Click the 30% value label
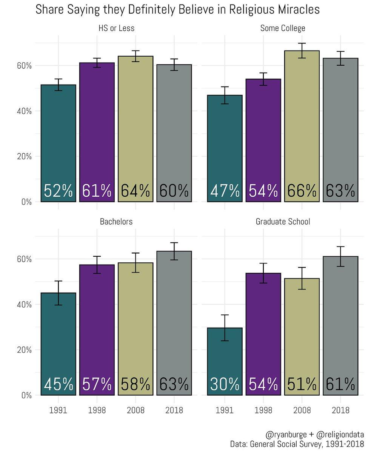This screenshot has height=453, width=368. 225,384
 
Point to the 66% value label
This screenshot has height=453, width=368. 302,191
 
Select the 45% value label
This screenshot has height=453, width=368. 59,384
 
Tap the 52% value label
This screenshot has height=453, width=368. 59,191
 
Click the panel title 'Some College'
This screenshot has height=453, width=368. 283,28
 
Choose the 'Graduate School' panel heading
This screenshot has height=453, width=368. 283,222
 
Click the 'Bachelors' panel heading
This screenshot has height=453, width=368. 116,222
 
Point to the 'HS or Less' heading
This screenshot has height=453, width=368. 116,28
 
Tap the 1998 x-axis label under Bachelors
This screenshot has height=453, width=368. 97,410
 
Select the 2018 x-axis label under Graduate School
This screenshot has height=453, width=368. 340,410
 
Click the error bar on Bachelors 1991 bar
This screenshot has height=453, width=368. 59,293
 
